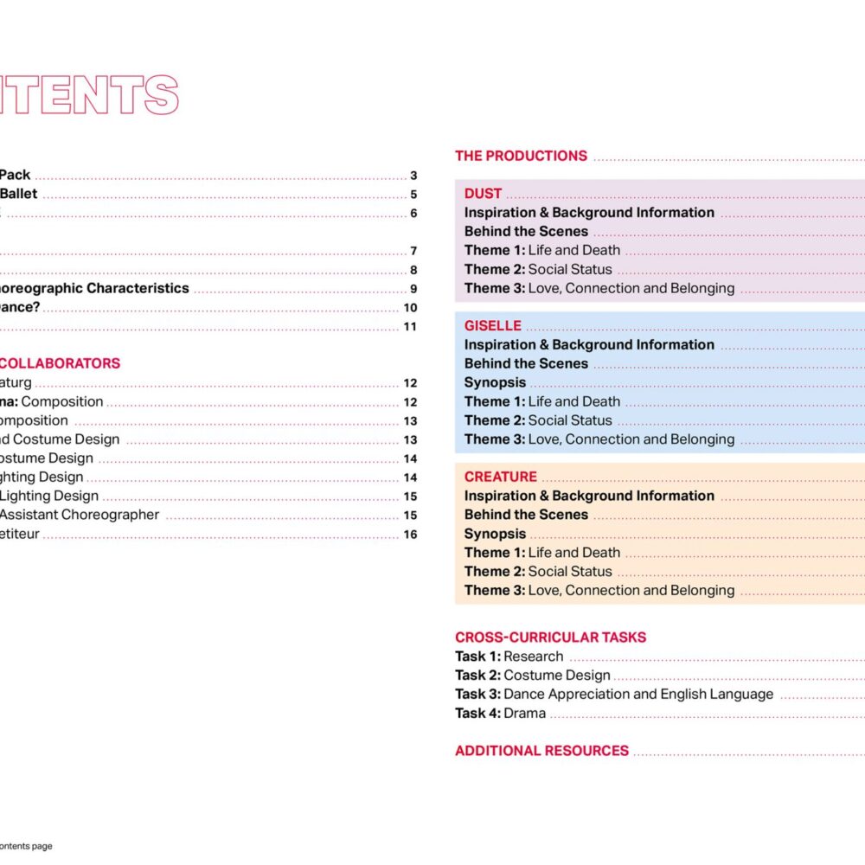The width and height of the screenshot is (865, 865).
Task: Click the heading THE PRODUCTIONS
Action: click(521, 156)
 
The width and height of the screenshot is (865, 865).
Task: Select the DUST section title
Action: click(483, 194)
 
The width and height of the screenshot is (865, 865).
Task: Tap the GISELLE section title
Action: click(492, 326)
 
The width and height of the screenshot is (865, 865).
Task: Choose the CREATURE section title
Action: click(500, 477)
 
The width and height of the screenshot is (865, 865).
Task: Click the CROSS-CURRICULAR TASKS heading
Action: click(550, 638)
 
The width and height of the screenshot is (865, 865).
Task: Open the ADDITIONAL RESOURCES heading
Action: click(541, 751)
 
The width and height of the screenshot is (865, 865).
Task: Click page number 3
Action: click(413, 176)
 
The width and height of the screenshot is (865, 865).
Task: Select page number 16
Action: click(410, 535)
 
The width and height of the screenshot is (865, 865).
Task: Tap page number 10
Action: click(410, 308)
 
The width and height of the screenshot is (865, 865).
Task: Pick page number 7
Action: click(413, 251)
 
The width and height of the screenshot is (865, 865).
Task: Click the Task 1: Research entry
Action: click(509, 657)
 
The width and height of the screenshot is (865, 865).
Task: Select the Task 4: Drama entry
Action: click(500, 714)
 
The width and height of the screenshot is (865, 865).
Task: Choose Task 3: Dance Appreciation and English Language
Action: click(614, 695)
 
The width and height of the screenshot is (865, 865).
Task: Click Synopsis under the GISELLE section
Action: click(495, 382)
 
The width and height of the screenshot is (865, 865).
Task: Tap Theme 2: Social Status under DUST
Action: click(537, 269)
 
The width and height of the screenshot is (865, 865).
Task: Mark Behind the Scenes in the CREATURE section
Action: click(526, 515)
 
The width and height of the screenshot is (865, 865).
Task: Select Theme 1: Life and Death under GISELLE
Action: click(541, 401)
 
